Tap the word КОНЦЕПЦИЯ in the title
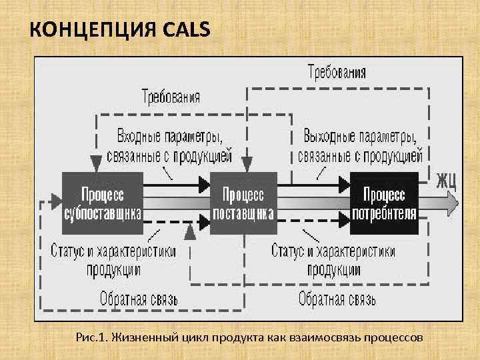88,29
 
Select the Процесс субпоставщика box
102,203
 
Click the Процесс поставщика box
243,203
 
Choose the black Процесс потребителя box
384,203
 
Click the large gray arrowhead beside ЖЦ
452,201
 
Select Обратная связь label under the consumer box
337,299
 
